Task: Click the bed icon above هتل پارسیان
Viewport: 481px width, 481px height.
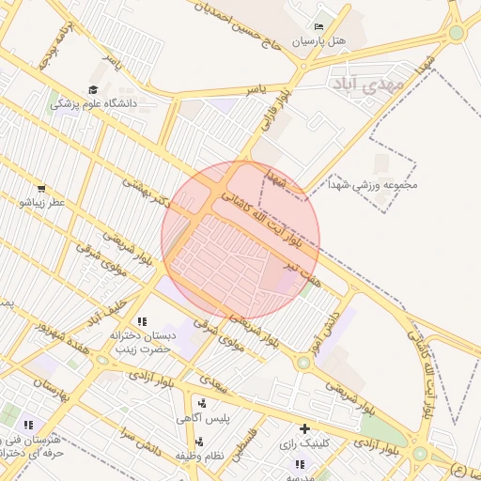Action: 318,27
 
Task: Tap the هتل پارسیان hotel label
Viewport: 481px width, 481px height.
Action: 318,42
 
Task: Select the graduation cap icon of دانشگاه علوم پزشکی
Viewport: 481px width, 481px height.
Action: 92,89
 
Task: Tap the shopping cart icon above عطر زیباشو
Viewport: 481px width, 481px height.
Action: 42,188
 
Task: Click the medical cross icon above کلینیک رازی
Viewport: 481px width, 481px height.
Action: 304,427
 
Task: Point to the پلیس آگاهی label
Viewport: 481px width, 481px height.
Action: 201,418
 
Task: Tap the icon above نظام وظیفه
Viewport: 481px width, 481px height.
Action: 198,441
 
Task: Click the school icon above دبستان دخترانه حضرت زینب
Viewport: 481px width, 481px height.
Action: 142,320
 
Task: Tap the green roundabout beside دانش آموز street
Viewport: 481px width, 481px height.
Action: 303,363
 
